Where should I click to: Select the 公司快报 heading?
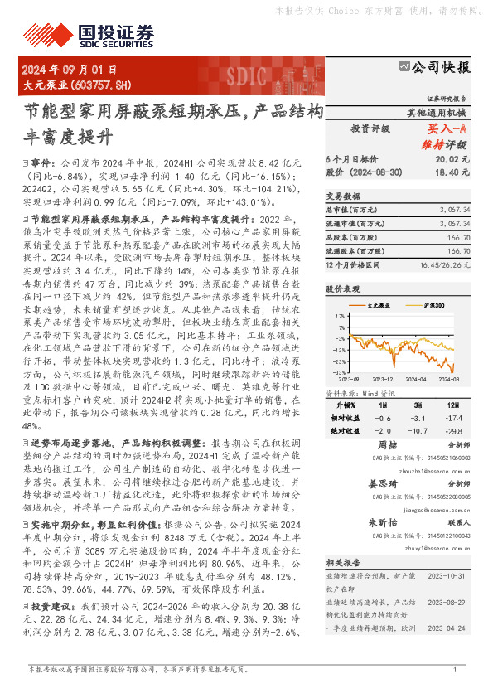439,67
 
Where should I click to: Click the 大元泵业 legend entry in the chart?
378,306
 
